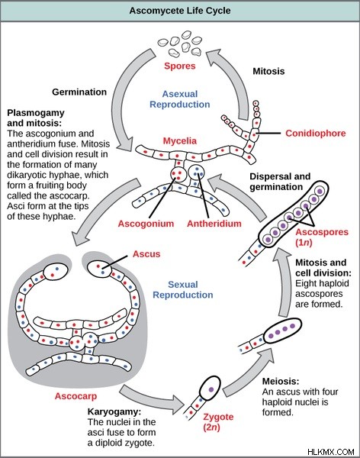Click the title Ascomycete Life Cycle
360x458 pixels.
click(180, 11)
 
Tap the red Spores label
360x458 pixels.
click(179, 66)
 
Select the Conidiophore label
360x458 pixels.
click(315, 134)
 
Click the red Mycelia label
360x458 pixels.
click(179, 141)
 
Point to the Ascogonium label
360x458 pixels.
click(146, 224)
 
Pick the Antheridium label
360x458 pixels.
click(214, 224)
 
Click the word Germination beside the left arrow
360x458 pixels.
click(79, 92)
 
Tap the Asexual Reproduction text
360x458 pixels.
click(179, 99)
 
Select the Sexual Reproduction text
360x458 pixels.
click(183, 290)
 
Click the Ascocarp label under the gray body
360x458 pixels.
click(76, 396)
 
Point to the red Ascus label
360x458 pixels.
click(146, 254)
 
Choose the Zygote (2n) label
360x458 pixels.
click(218, 422)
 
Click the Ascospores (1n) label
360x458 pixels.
click(322, 237)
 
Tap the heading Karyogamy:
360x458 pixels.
click(114, 412)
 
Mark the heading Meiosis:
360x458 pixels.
click(281, 381)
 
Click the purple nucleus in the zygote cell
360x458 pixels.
click(211, 389)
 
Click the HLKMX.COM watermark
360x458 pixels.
click(331, 452)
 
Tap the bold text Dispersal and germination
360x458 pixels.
click(280, 182)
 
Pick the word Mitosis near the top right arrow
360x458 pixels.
click(268, 71)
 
